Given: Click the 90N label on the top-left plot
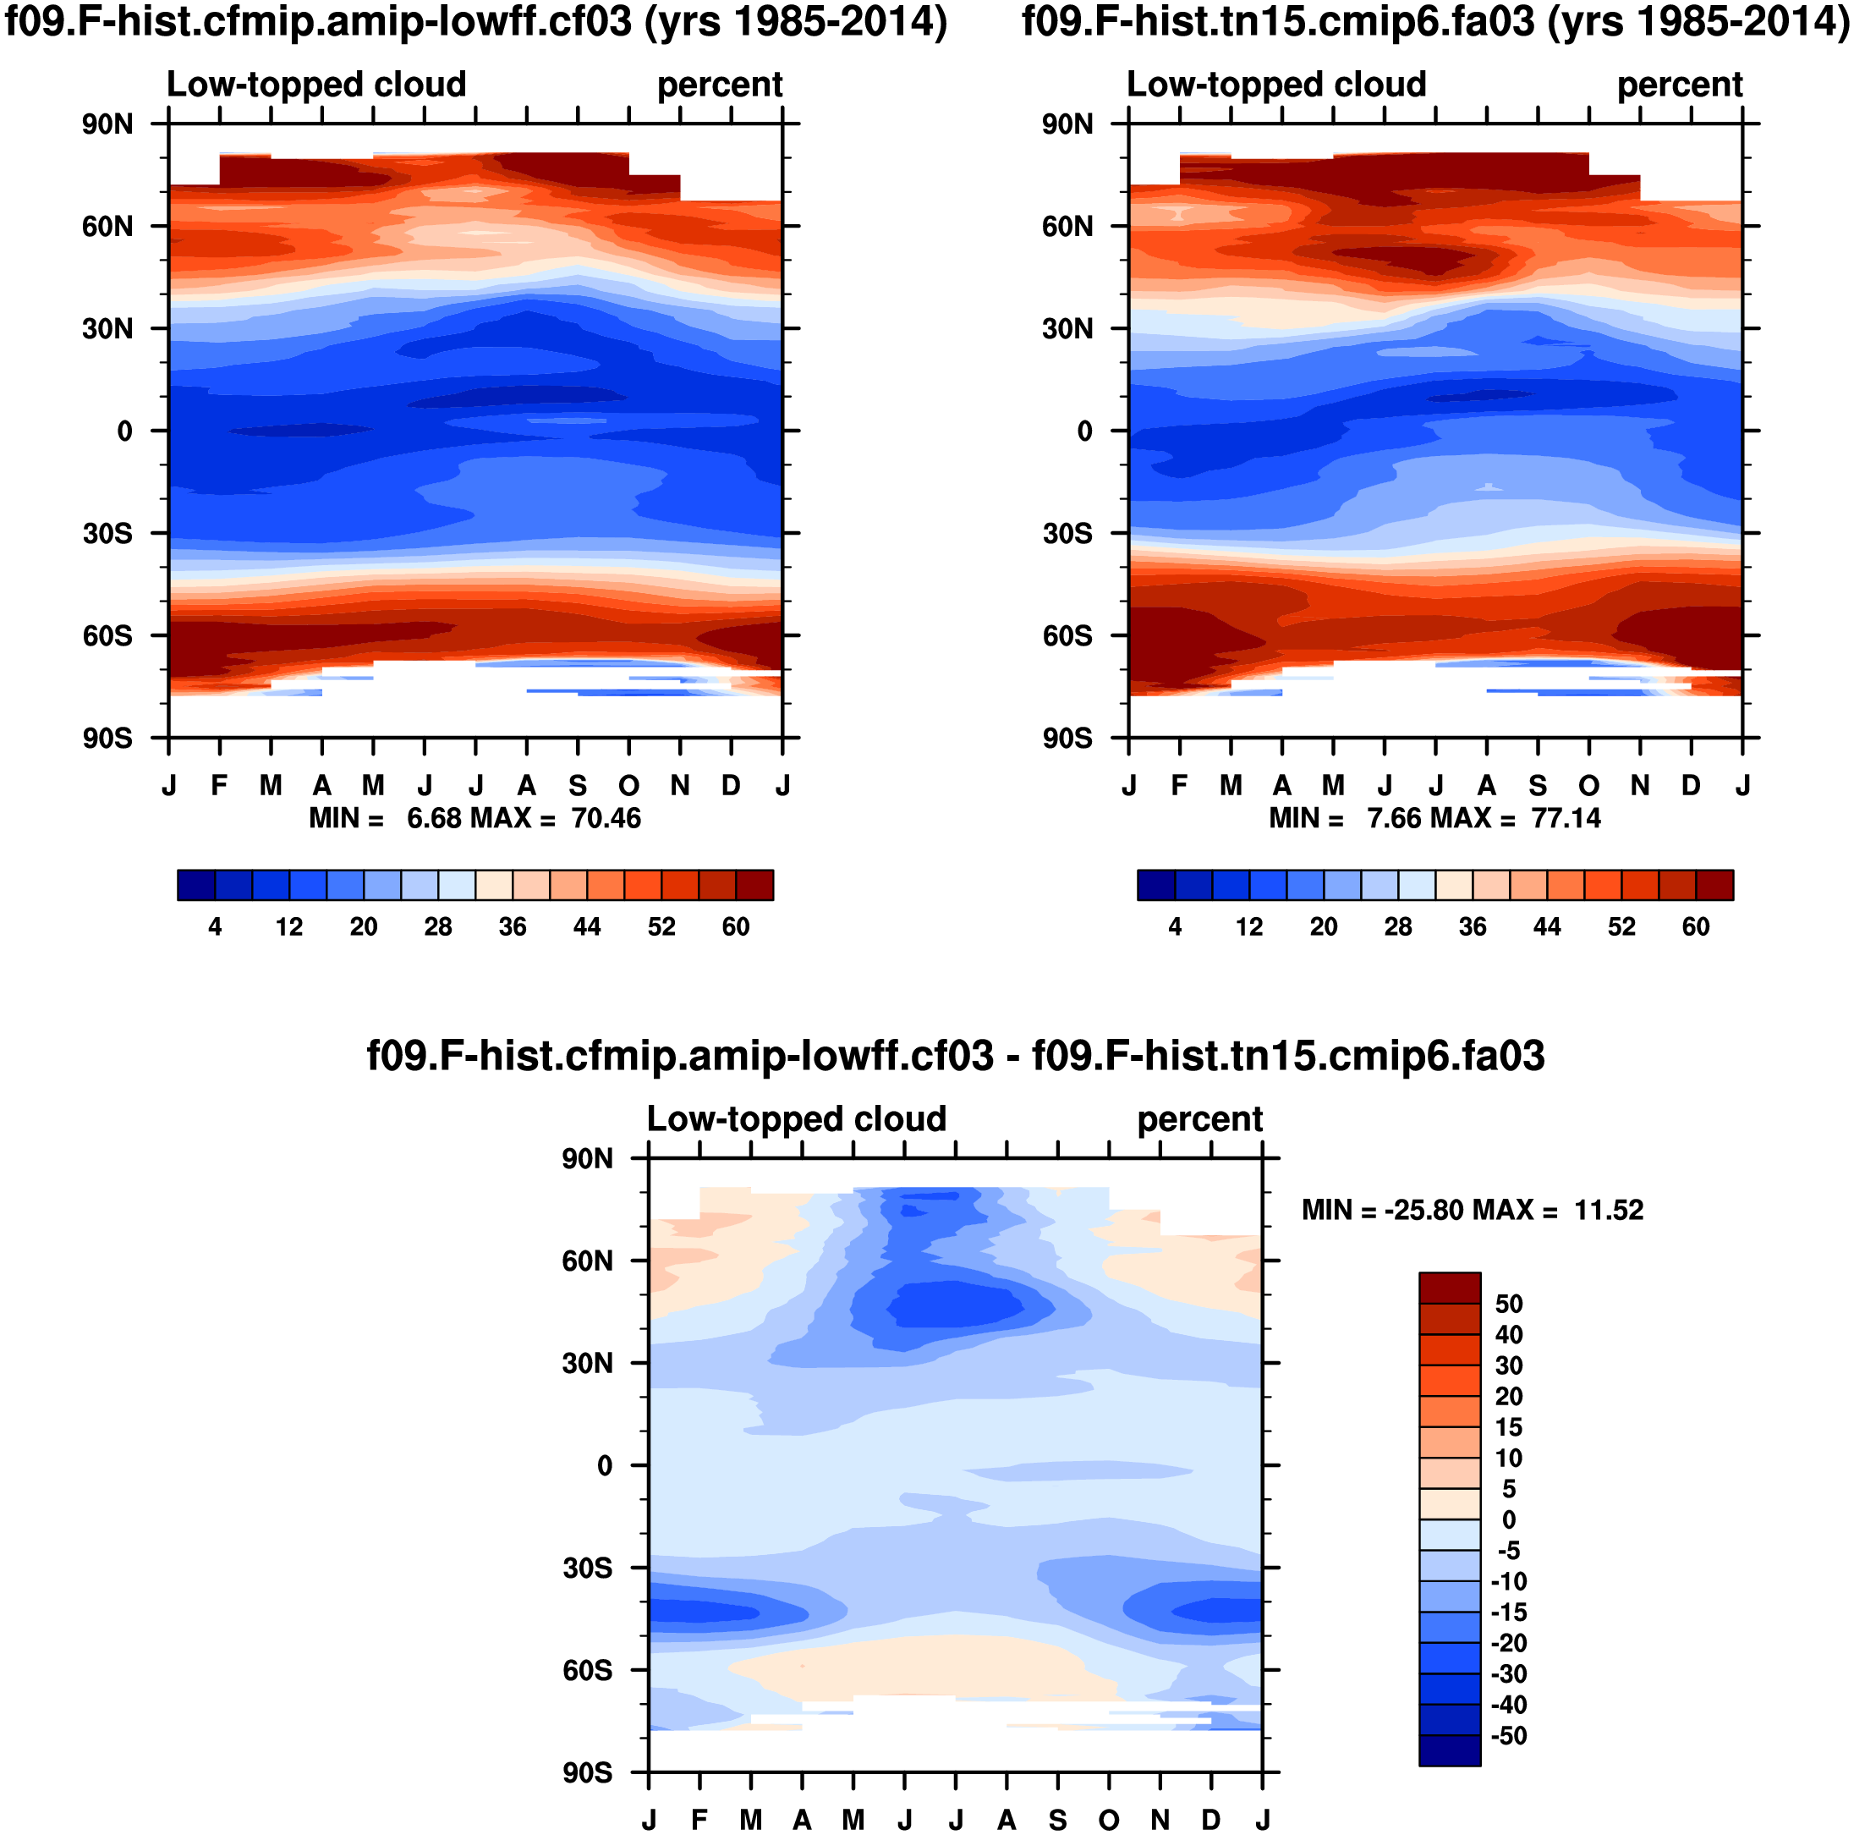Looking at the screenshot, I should click(107, 124).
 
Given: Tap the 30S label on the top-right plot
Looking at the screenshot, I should click(1067, 534).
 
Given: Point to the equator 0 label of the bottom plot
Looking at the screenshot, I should click(605, 1465).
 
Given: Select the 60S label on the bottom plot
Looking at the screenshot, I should click(587, 1671).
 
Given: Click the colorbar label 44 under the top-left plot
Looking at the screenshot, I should click(586, 927).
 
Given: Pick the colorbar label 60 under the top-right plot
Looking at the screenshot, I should click(1696, 927).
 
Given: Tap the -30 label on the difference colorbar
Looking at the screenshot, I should click(1509, 1673).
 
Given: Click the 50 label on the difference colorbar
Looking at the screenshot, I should click(1509, 1305).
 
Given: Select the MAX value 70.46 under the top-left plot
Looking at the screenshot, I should click(606, 819).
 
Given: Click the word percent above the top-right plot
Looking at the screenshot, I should click(1680, 85).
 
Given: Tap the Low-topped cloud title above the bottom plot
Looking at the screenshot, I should click(797, 1119).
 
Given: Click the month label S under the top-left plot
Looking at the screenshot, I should click(578, 786).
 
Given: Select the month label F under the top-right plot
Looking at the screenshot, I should click(1179, 786).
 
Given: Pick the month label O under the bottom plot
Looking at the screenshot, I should click(1110, 1821).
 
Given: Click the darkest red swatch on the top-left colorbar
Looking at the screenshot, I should click(754, 885).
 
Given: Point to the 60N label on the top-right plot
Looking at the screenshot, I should click(1067, 227).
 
